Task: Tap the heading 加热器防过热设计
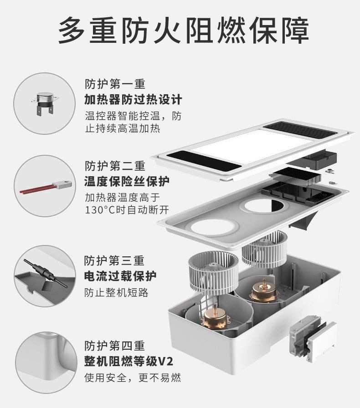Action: [x=133, y=99]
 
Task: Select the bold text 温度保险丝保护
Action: [x=127, y=182]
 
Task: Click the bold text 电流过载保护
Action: [x=120, y=276]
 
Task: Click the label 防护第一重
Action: [x=115, y=84]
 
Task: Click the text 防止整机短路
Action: [x=116, y=292]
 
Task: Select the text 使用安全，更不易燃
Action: [x=133, y=377]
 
